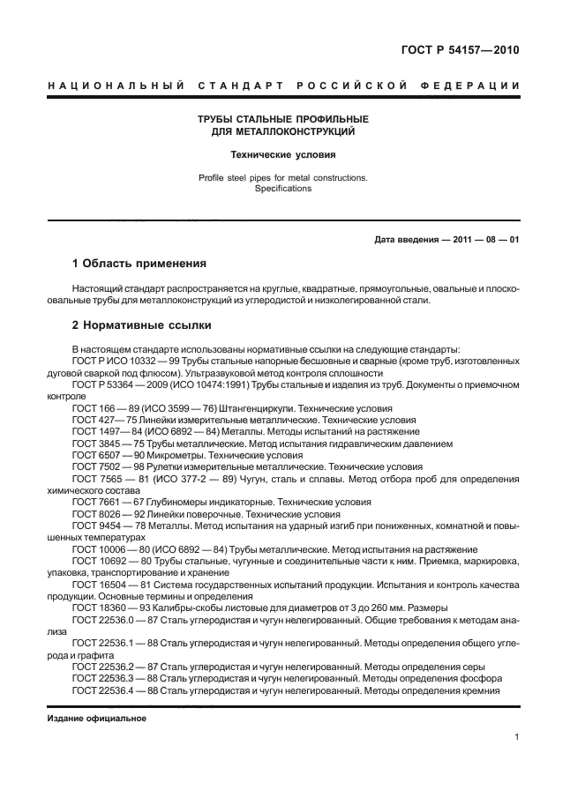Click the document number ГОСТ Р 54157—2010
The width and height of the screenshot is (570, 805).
(461, 50)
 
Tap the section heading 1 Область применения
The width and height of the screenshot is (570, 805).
(139, 264)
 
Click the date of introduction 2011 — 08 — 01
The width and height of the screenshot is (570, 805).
(484, 241)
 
